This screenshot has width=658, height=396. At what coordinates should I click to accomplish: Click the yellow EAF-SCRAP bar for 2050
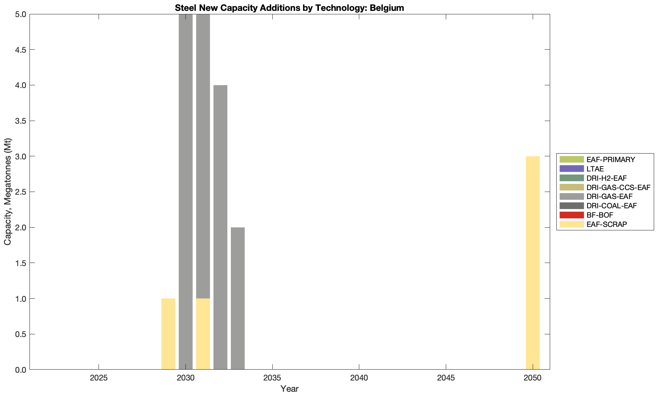533,263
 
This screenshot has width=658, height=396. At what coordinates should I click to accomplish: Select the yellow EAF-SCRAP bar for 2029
168,334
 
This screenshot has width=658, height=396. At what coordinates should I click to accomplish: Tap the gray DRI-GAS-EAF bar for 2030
186,192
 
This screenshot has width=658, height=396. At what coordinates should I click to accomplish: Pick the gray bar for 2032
220,227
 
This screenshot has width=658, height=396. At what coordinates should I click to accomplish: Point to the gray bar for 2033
238,298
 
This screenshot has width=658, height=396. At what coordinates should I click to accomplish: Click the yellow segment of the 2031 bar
203,334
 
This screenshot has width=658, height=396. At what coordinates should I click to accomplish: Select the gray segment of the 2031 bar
203,156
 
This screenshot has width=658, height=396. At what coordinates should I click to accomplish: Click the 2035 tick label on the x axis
273,378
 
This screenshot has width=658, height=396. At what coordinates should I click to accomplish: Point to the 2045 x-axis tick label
446,378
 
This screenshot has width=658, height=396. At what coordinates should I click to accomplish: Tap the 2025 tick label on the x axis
99,378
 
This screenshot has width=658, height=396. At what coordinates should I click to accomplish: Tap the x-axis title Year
289,389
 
